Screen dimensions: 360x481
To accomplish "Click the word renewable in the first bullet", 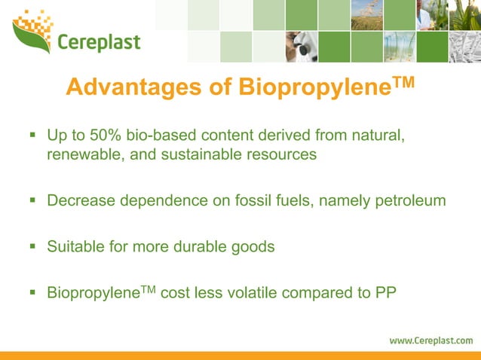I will coord(81,155).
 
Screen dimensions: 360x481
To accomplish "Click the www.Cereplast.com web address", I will coord(430,340).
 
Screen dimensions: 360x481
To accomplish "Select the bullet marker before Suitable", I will coord(32,246).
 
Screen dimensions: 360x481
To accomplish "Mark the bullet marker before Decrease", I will coord(32,201).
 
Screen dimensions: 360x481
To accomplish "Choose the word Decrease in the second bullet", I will coord(79,201).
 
